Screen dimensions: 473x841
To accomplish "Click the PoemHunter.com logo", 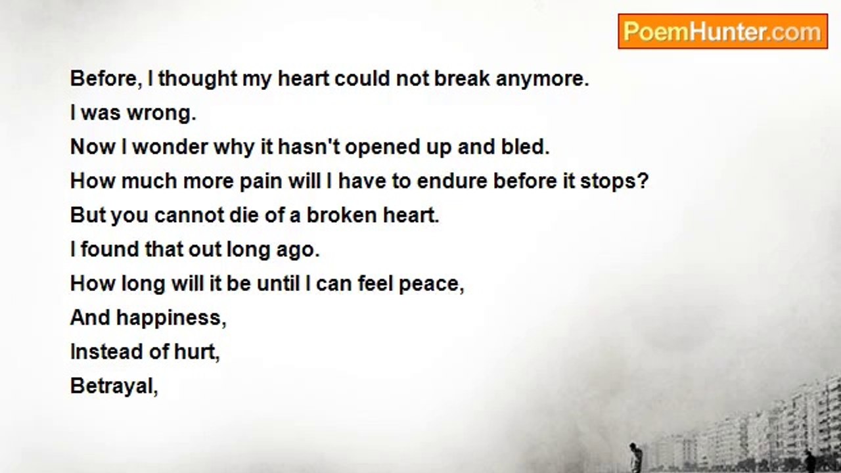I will pos(723,32).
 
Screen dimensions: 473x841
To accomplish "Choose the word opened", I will pos(387,147).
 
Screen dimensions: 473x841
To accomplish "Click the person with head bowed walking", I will pos(634,457).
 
